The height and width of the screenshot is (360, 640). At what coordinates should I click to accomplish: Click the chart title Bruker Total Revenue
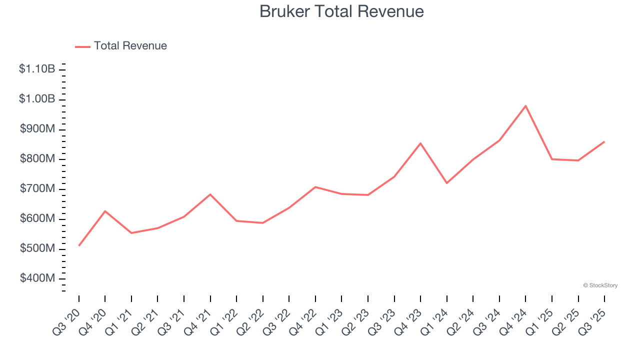tap(341, 11)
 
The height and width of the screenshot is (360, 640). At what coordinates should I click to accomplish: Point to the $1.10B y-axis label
tap(37, 69)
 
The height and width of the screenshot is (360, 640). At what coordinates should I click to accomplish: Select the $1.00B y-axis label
tap(37, 99)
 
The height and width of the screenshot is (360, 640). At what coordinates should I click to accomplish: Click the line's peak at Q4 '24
tap(525, 106)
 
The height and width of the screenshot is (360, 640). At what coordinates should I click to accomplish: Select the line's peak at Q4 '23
tap(420, 143)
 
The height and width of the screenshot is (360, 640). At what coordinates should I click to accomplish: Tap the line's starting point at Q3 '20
tap(79, 245)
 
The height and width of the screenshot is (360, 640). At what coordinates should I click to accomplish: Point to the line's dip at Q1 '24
tap(446, 183)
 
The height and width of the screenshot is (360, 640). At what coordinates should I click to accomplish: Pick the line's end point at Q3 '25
tap(604, 142)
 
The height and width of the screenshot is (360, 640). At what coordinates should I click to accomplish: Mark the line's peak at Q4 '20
tap(105, 211)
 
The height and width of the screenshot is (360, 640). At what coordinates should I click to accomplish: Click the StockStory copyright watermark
tap(600, 285)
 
